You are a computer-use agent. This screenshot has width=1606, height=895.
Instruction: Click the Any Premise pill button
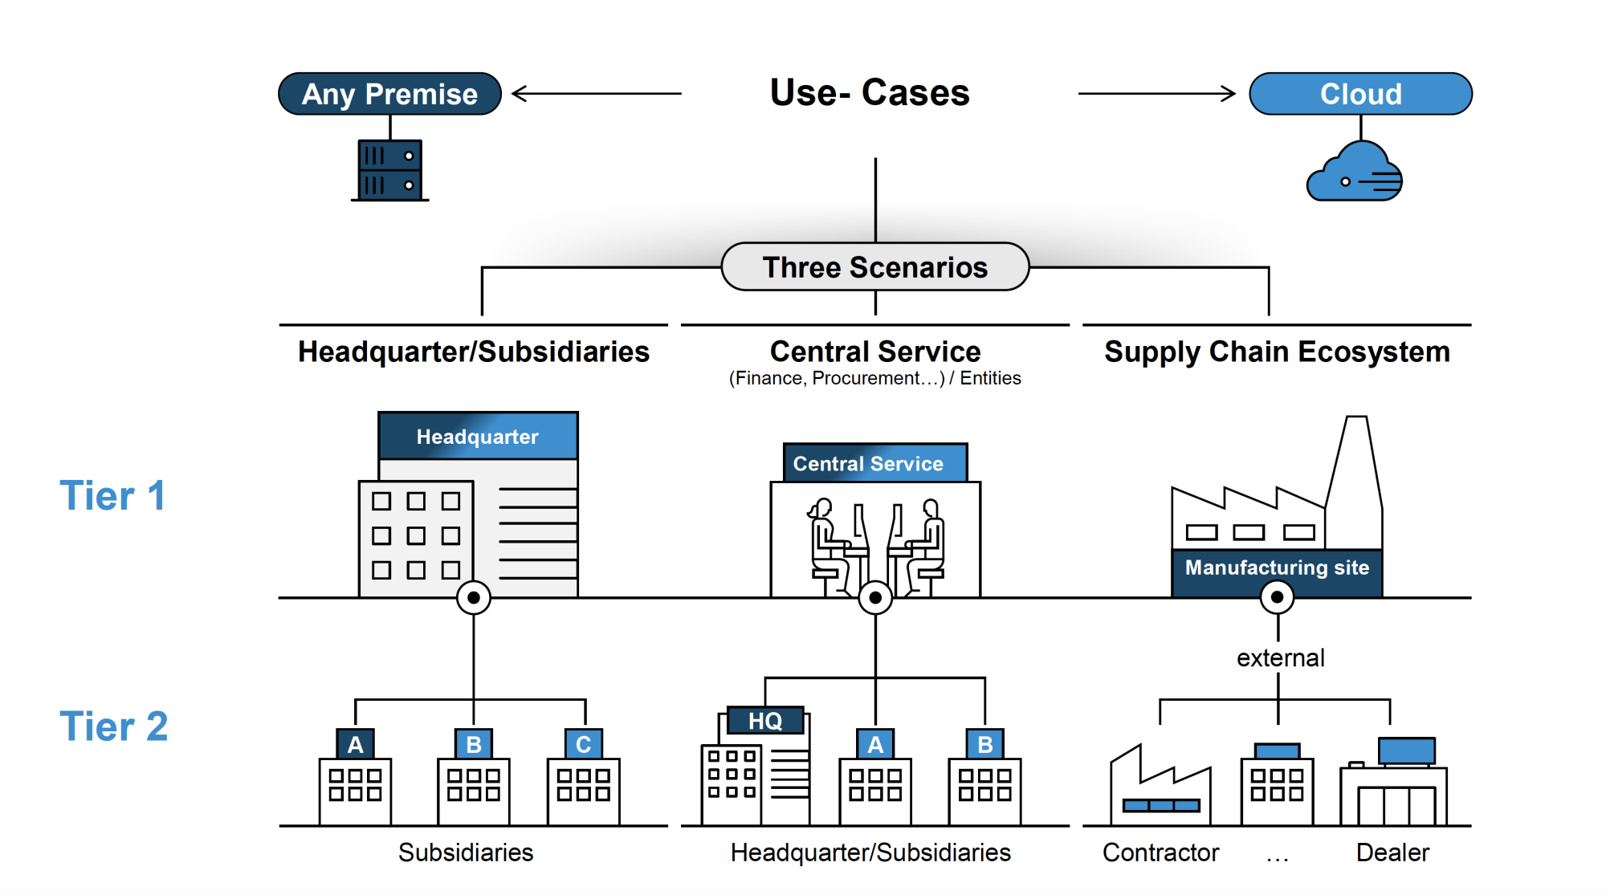(389, 94)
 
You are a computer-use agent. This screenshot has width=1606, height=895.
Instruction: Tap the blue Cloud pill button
(1360, 94)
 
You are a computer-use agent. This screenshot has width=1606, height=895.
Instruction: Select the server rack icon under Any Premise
(390, 170)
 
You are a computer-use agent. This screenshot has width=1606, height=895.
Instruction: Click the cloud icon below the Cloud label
(1355, 173)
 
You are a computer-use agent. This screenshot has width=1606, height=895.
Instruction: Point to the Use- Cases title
(870, 92)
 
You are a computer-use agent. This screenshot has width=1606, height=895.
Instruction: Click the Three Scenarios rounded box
(874, 267)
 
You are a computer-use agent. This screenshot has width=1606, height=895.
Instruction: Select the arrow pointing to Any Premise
(596, 94)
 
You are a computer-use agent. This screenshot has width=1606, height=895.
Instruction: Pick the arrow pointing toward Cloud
(1156, 94)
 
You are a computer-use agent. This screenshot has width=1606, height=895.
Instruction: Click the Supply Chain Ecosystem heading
(1277, 352)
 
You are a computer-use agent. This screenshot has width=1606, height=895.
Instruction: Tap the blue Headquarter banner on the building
(478, 437)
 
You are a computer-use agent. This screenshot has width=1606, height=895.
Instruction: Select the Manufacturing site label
(1277, 568)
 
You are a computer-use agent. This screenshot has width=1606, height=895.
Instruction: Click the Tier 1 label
(112, 495)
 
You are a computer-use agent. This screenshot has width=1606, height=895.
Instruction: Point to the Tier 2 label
(113, 726)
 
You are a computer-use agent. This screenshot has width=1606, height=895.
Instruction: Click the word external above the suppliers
(1280, 658)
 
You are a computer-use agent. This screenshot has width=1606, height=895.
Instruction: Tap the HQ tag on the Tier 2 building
(765, 721)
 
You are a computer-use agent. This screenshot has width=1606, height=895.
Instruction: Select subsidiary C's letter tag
(584, 744)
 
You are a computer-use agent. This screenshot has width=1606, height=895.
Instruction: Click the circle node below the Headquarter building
(474, 598)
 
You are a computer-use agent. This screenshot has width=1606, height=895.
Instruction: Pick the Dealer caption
(1392, 852)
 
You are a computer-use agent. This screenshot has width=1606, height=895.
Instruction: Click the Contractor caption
(1160, 852)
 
